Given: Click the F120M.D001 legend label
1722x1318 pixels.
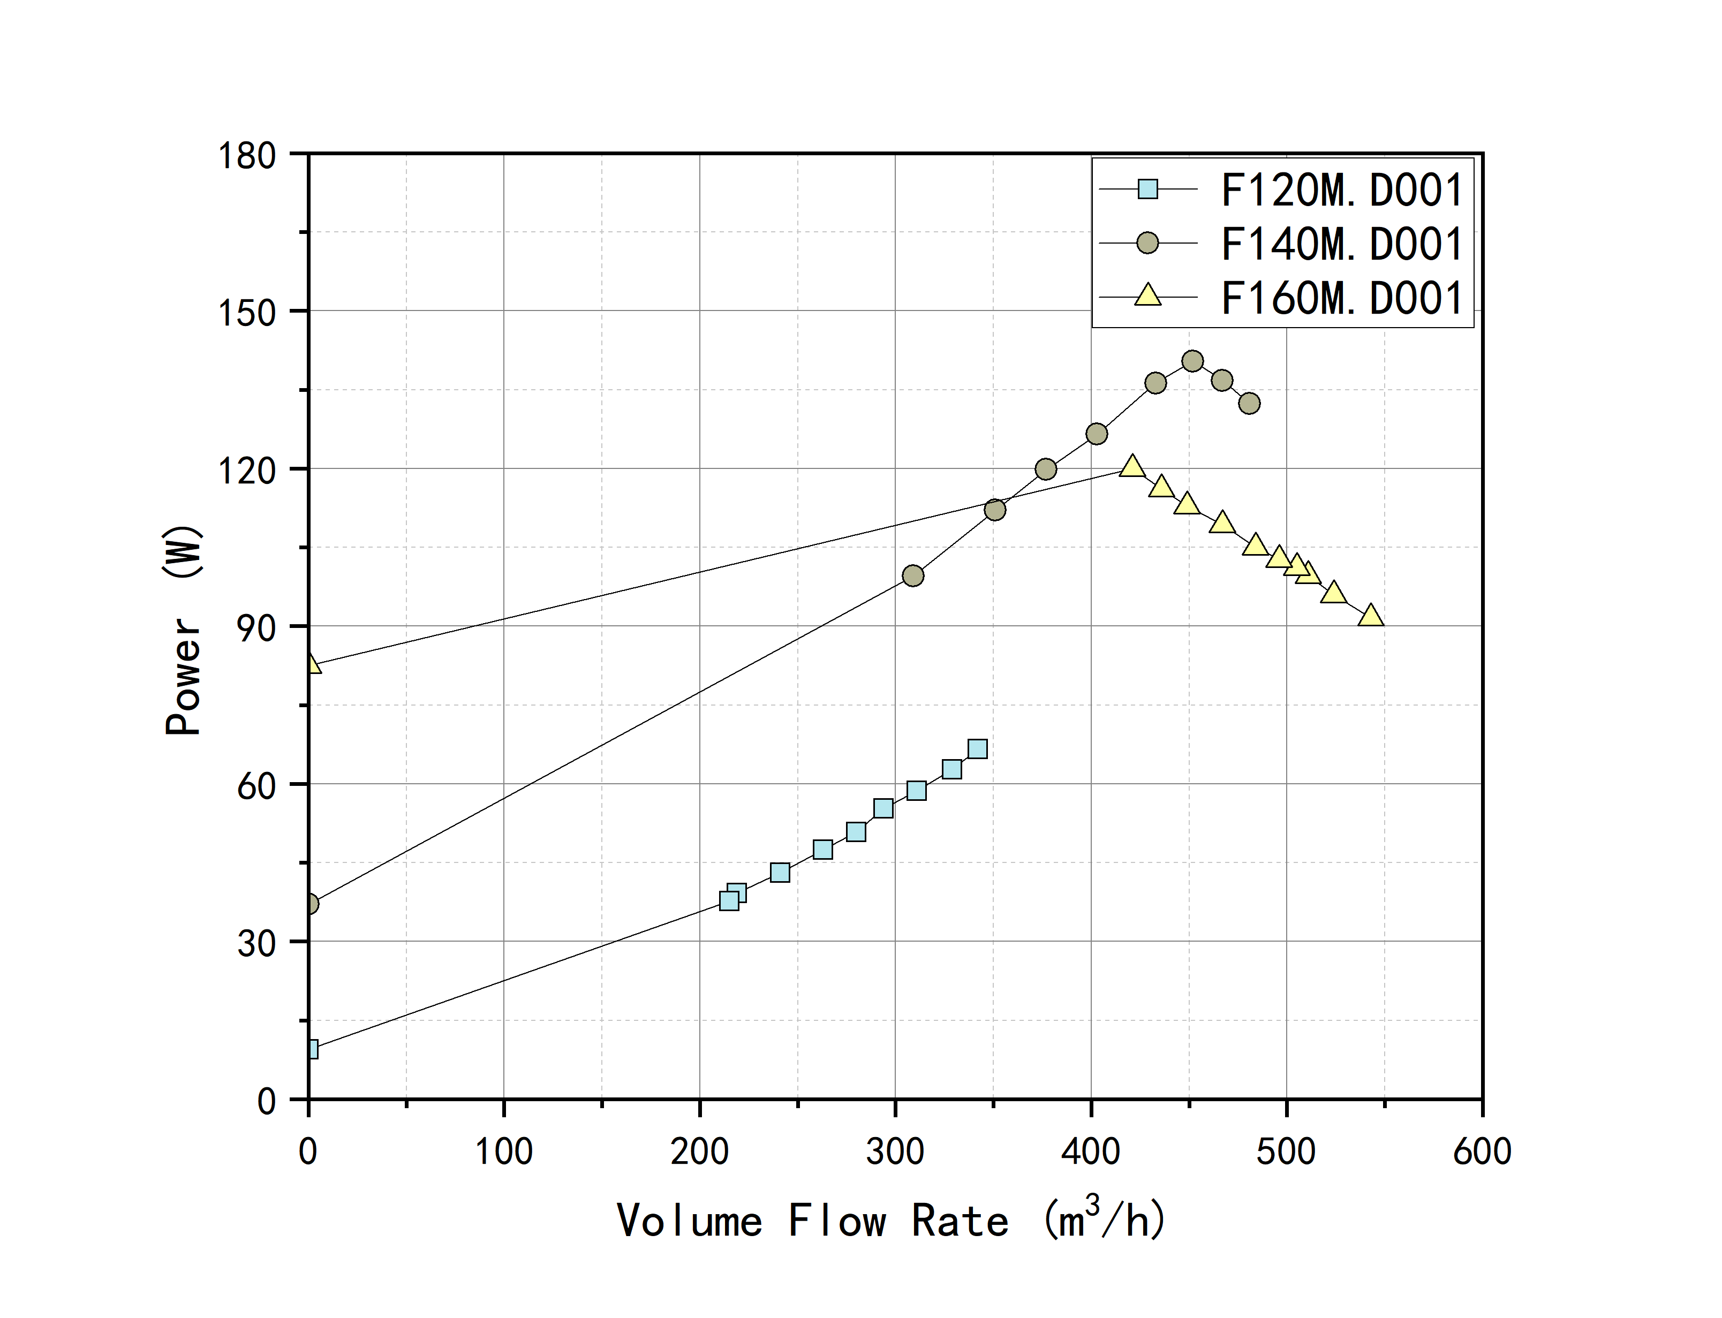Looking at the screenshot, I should coord(1341,190).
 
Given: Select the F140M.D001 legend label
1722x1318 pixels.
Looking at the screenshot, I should coord(1341,244).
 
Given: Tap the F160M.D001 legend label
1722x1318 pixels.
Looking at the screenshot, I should coord(1341,298).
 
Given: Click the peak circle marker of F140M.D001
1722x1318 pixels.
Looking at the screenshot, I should coord(1192,361).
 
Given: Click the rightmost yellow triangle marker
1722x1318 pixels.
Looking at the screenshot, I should coord(1371,616).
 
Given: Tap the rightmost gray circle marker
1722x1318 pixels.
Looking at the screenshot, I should coord(1250,403).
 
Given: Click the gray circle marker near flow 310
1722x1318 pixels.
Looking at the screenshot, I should coord(913,576).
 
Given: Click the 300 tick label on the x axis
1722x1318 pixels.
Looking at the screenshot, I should coord(895,1152).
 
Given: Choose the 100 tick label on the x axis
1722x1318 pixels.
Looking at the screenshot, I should coord(504,1152).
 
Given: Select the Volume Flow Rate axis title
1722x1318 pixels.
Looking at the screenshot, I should coord(891,1220).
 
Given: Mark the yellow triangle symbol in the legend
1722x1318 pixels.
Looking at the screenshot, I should coord(1148,296).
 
